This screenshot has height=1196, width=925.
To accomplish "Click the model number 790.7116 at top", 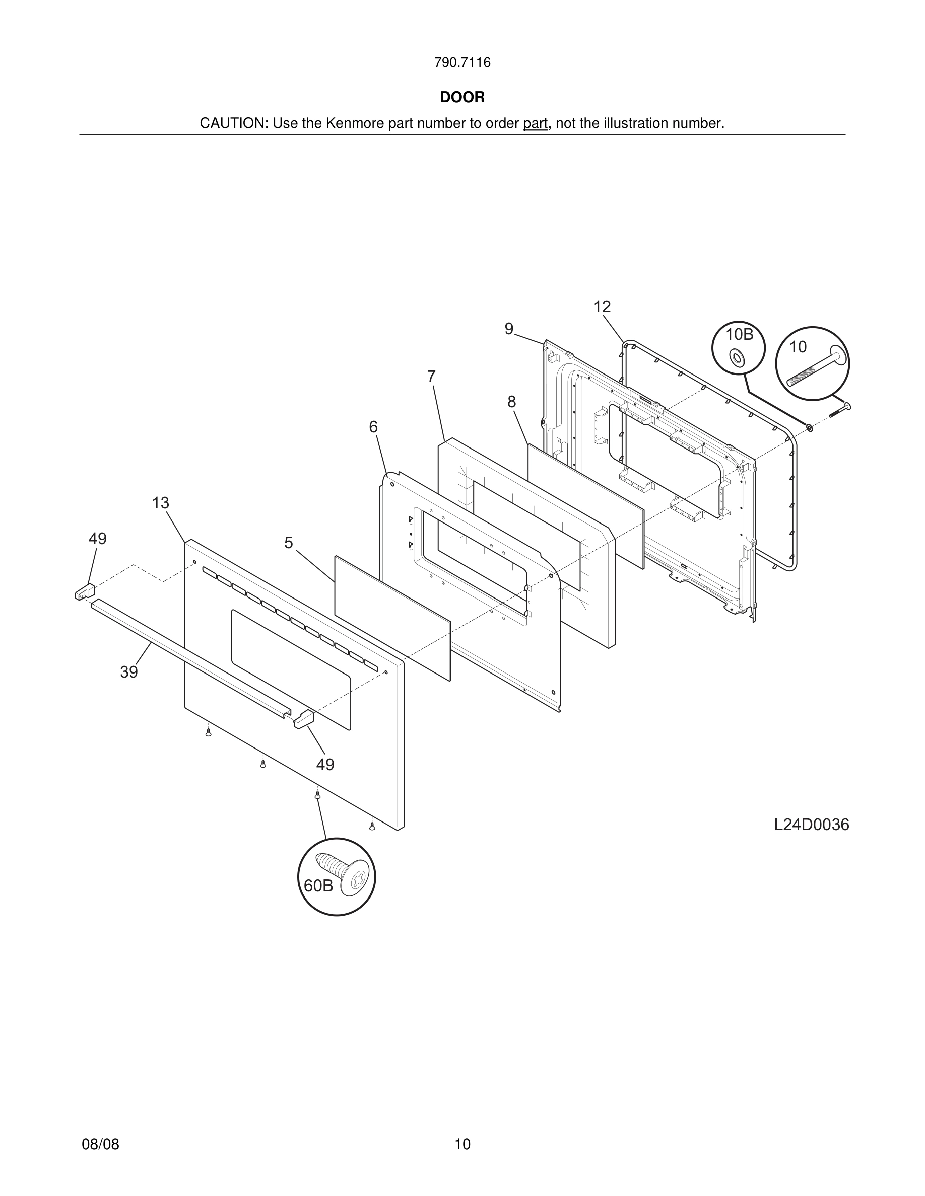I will [x=462, y=63].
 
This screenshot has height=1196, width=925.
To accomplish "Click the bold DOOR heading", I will [x=462, y=98].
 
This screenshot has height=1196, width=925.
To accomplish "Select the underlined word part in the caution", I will [x=535, y=124].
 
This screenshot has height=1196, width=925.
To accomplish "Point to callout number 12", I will [x=602, y=307].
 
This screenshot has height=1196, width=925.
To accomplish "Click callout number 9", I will [x=509, y=329].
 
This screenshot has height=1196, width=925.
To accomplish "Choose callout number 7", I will [x=431, y=377].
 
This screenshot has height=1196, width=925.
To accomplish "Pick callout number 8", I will [x=511, y=402].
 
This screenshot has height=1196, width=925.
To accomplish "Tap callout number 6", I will [x=373, y=427].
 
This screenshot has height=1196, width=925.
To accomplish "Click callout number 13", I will [x=161, y=503].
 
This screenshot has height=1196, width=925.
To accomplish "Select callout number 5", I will [x=289, y=543].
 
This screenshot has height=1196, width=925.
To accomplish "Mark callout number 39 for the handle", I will [x=129, y=672].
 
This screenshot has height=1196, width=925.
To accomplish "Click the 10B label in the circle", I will [x=739, y=334].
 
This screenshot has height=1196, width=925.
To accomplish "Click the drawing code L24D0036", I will [x=811, y=840].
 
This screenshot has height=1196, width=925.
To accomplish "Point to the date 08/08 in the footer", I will [x=100, y=1144].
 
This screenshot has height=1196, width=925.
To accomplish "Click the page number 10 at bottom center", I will [x=462, y=1144].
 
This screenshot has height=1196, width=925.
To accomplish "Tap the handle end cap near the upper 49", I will [x=85, y=592].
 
